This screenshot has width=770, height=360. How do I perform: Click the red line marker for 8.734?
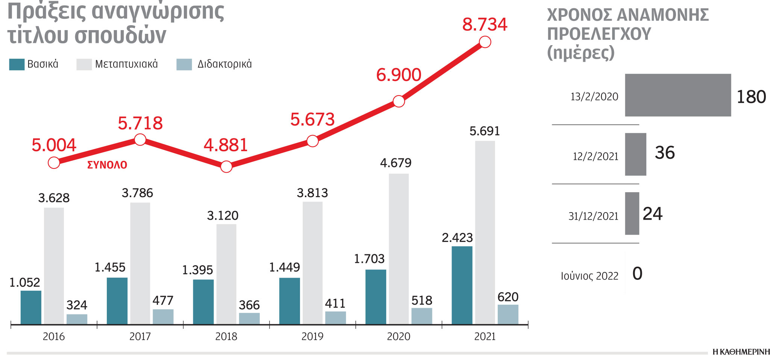[x=485, y=42]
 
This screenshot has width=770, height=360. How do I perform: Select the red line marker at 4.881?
[x=226, y=166]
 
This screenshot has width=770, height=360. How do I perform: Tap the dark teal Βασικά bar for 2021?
[x=462, y=285]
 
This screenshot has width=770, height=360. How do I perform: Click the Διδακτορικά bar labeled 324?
[x=77, y=319]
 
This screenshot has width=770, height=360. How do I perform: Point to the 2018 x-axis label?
[x=226, y=336]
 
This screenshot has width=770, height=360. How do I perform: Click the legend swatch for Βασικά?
[x=17, y=64]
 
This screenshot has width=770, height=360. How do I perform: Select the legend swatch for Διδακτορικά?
[x=184, y=64]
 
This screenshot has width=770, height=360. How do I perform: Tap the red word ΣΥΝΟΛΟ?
[x=107, y=165]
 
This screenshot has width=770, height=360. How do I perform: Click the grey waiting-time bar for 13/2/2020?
[x=678, y=95]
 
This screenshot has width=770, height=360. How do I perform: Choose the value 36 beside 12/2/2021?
[x=664, y=153]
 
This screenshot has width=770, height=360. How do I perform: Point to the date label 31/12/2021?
[x=593, y=216]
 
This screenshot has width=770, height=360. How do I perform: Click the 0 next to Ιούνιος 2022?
[x=637, y=273]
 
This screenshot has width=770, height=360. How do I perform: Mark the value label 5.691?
[x=485, y=131]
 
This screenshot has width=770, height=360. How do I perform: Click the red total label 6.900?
[x=399, y=75]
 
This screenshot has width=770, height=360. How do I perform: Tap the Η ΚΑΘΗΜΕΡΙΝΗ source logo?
[x=741, y=352]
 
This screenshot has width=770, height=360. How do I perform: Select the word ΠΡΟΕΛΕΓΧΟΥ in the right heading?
[x=599, y=34]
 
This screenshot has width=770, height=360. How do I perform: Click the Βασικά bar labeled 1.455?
[x=117, y=301]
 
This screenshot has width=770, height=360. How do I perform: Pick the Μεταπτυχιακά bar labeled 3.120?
[x=226, y=274]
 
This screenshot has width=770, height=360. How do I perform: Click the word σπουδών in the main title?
[x=120, y=36]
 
